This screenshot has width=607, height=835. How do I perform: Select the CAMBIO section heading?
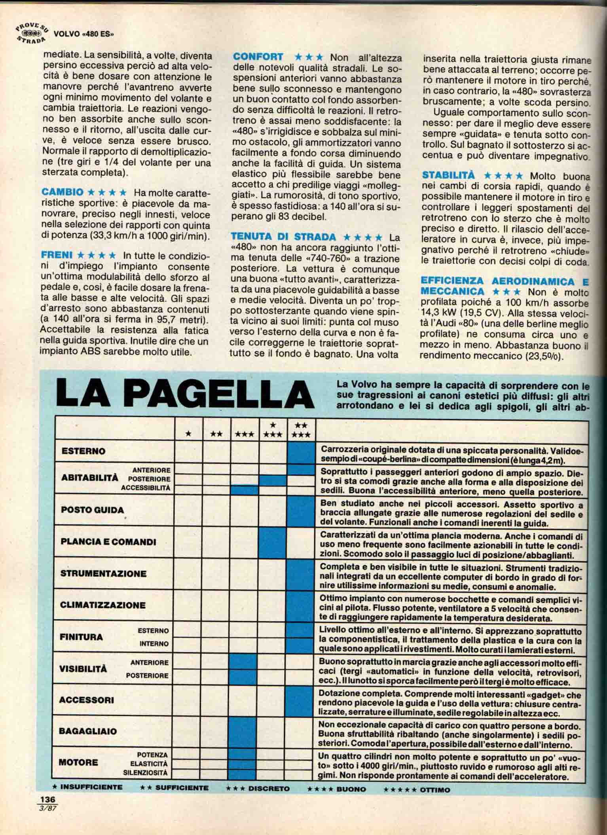click(62, 192)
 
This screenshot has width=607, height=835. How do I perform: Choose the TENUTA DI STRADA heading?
click(283, 237)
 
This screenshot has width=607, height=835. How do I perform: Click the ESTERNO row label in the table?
click(83, 451)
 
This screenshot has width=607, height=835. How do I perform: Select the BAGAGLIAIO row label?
click(88, 731)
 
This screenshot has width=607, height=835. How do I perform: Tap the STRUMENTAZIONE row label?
click(103, 573)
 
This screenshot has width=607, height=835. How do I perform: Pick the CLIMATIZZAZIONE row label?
click(103, 605)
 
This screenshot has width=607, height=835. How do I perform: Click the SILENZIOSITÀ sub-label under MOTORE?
click(145, 772)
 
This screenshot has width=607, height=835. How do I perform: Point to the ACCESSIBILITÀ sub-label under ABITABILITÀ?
click(146, 488)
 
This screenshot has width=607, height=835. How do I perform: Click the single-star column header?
click(189, 434)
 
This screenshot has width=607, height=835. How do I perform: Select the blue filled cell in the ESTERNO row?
click(301, 452)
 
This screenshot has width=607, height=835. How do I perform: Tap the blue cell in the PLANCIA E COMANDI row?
click(273, 541)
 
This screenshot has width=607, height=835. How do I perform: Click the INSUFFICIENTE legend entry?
click(87, 787)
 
